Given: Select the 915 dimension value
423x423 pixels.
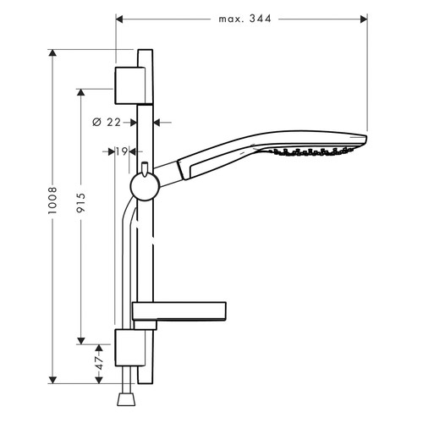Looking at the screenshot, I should (80, 207).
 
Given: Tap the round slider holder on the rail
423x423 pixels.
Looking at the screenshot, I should (145, 186).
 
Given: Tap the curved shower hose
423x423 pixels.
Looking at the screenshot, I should (129, 254).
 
